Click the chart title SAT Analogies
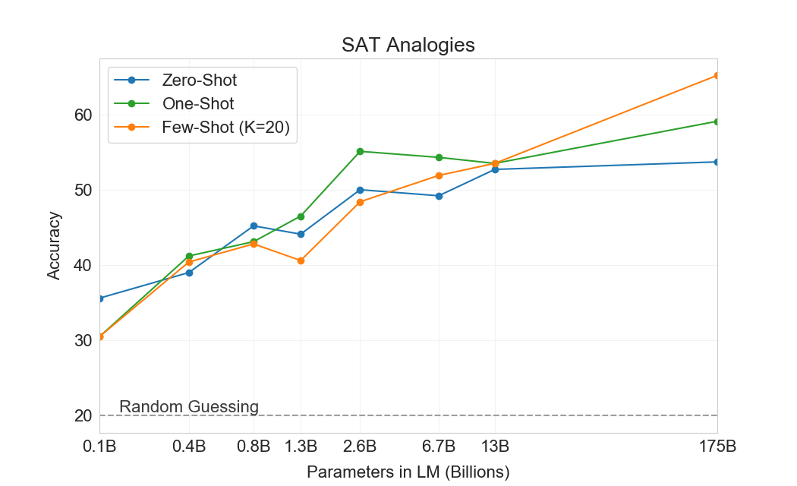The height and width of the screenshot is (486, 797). click(408, 45)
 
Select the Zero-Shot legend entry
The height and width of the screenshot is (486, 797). click(199, 80)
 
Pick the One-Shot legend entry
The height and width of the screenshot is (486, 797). click(198, 103)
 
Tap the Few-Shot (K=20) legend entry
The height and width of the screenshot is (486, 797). click(225, 127)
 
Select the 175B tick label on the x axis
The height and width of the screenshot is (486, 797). click(717, 446)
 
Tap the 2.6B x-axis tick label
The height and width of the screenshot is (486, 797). click(360, 446)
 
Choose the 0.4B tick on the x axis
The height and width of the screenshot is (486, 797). click(189, 446)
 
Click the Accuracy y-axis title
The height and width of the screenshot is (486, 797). click(54, 246)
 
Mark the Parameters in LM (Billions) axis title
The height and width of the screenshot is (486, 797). click(408, 472)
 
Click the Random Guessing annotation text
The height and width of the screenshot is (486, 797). click(189, 407)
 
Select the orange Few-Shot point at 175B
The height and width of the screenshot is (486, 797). click(717, 75)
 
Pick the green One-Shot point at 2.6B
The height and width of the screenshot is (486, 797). click(360, 151)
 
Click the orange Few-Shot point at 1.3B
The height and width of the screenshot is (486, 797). click(301, 260)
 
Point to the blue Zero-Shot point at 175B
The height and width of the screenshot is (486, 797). click(717, 162)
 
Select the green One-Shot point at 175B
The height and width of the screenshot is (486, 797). click(717, 121)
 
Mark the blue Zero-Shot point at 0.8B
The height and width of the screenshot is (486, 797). click(254, 226)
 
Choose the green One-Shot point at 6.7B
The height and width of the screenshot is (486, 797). click(439, 157)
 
